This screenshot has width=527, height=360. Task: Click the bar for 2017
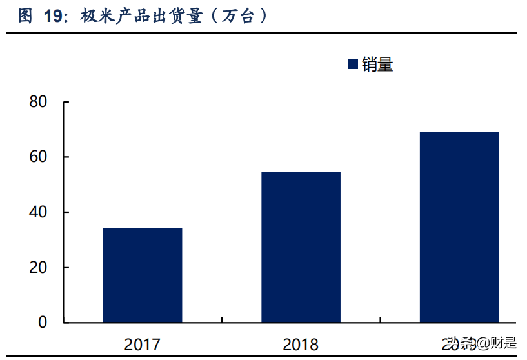[x=143, y=275]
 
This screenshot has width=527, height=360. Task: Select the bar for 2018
[x=301, y=247]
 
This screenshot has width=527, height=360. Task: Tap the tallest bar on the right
[x=459, y=227]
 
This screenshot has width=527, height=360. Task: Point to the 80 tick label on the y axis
[x=38, y=102]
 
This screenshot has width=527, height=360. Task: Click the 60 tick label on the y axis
[x=38, y=157]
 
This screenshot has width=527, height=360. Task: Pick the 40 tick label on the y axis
[x=38, y=212]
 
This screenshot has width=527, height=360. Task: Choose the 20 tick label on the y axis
[x=38, y=268]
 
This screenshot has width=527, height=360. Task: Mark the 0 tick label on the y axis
[x=43, y=323]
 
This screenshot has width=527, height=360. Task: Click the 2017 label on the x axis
[x=143, y=345]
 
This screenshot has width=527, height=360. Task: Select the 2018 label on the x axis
[x=301, y=345]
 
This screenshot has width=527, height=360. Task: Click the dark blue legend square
[x=353, y=65]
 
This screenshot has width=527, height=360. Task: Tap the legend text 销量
[x=377, y=65]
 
